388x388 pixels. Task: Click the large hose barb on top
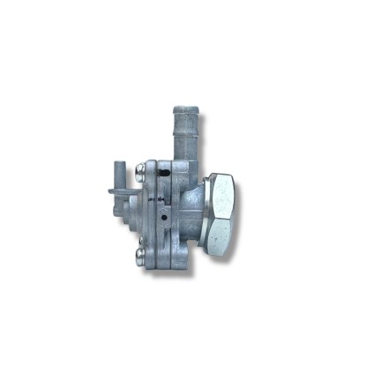(x=184, y=132)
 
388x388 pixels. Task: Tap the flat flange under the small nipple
(x=121, y=189)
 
